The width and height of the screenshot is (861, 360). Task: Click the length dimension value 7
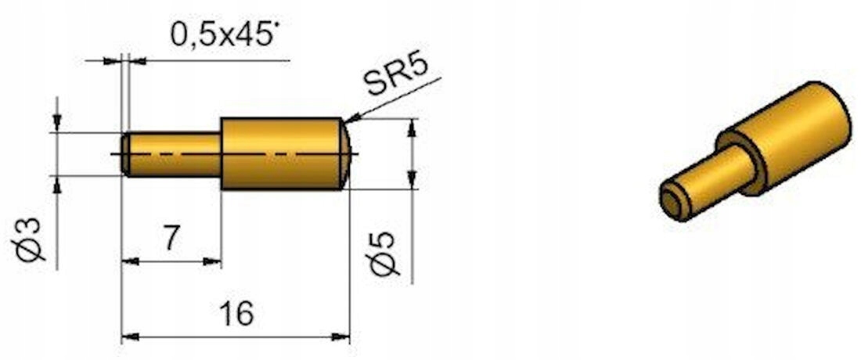pos(171,238)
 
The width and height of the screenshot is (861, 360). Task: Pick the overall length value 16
pos(236,313)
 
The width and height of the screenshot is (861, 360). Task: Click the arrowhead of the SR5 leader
pos(351,118)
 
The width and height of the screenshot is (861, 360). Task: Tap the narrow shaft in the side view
pos(171,154)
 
